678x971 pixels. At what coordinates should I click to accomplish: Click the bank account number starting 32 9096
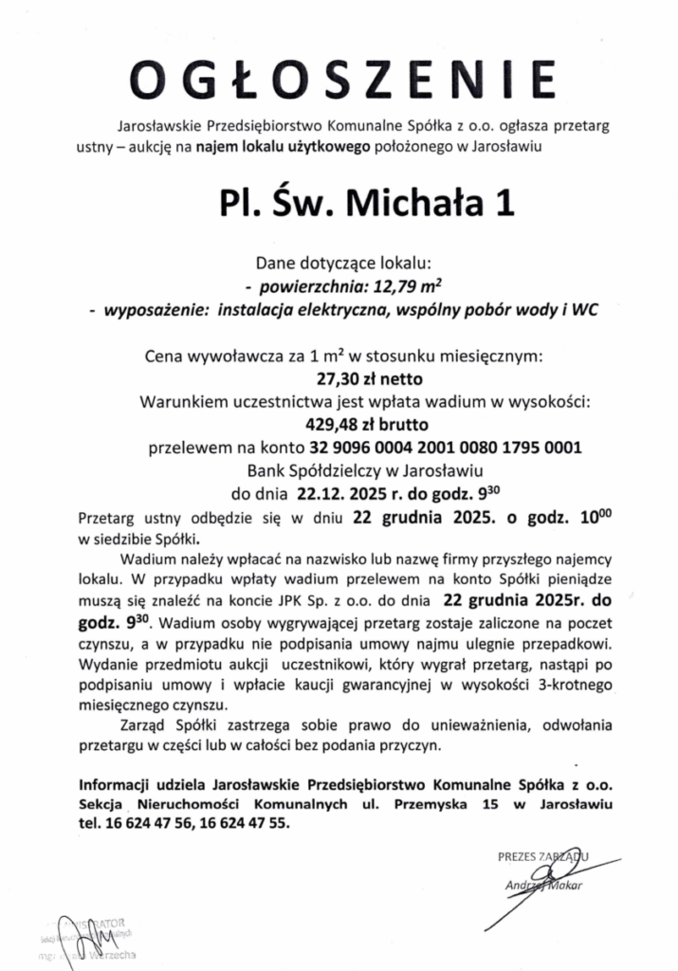click(446, 447)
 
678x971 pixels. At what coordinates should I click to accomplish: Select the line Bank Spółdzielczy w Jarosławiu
click(339, 469)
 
